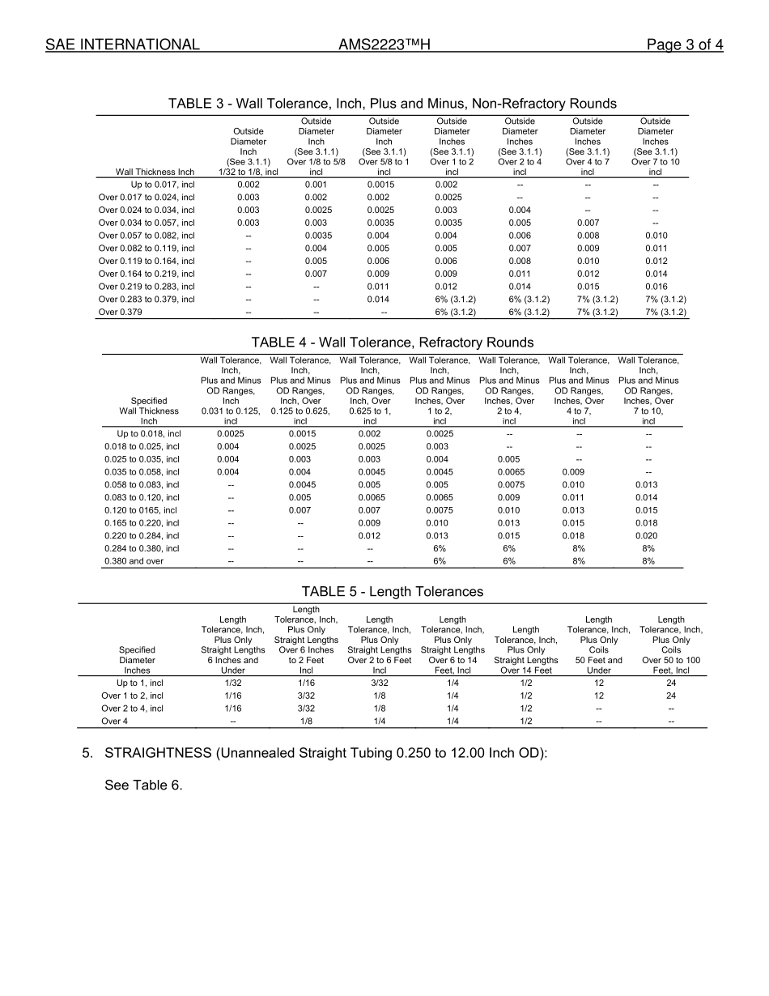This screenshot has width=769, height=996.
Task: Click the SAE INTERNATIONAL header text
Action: point(122,45)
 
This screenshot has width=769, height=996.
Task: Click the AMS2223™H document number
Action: point(384,45)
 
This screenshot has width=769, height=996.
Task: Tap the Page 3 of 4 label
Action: point(684,45)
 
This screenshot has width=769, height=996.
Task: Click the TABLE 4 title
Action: point(392,343)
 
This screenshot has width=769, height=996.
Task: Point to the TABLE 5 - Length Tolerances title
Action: point(392,591)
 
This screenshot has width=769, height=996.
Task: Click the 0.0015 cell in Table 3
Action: point(384,185)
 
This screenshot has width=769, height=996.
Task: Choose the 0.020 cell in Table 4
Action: point(648,536)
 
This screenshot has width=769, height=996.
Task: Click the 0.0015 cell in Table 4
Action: point(300,434)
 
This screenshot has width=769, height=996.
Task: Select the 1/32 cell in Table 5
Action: point(232,683)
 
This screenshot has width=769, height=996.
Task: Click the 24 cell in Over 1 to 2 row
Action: point(670,696)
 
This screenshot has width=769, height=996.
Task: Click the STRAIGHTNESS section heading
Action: point(326,753)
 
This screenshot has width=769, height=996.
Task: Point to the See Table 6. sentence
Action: point(143,785)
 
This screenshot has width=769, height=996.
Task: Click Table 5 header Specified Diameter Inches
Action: point(137,659)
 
